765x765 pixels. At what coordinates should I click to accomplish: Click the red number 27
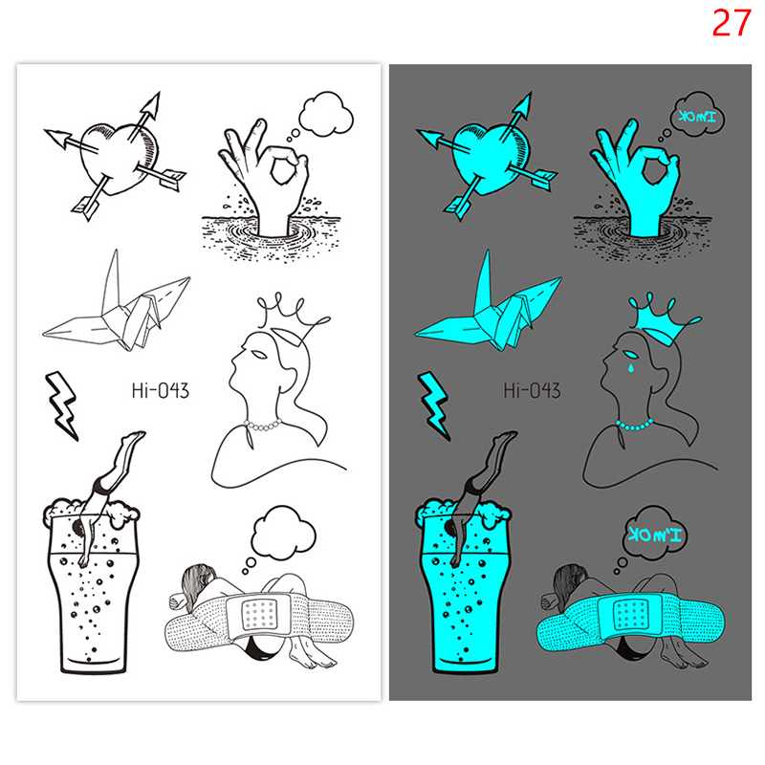(731, 23)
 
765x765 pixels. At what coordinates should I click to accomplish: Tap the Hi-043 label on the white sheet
(160, 390)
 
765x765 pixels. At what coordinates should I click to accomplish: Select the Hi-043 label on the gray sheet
(532, 390)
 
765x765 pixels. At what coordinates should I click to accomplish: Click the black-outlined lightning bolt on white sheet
(62, 405)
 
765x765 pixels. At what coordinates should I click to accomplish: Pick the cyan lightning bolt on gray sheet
(434, 405)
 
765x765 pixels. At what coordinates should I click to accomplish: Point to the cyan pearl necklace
(634, 426)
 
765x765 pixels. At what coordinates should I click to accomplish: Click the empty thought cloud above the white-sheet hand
(326, 114)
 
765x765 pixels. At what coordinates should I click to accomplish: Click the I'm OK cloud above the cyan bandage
(654, 533)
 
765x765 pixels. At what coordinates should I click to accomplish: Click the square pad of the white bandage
(260, 614)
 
